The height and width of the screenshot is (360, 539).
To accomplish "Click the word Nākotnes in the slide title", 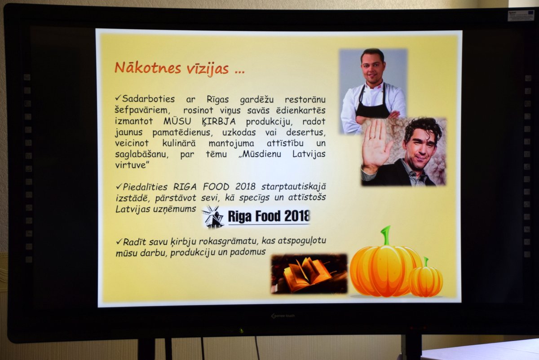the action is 148,68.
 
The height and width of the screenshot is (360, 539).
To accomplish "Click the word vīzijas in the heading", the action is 208,69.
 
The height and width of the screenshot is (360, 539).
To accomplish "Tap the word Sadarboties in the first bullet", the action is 148,99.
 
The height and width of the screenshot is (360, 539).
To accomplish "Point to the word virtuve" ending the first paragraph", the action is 132,165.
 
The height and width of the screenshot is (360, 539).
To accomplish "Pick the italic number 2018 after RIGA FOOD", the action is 245,187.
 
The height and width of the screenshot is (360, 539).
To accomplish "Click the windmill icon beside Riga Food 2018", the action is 213,217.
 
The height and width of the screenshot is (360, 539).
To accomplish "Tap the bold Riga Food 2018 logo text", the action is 269,216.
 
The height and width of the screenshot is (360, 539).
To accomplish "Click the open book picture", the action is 309,274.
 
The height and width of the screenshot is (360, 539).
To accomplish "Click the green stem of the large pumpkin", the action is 386,236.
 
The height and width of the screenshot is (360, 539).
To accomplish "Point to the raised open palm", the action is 376,145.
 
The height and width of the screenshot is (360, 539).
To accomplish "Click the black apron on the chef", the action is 372,106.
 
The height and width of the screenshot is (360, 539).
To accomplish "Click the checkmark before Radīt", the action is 119,241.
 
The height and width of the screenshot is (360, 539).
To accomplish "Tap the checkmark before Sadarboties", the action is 118,98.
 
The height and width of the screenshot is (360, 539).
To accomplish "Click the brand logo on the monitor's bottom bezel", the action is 283,316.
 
